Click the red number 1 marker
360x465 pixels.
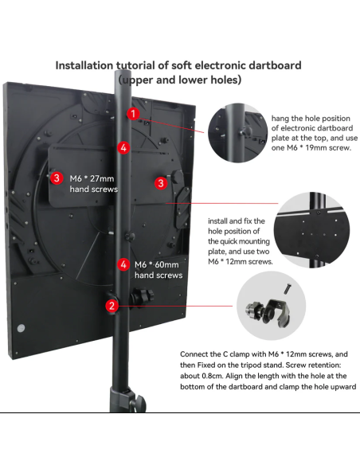coord(133,114)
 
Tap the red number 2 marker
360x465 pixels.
coord(112,306)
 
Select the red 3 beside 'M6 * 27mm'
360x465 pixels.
coord(57,178)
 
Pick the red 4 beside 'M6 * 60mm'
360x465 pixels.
coord(123,264)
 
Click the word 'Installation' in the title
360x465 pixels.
coord(84,65)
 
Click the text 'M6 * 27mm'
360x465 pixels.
coord(92,178)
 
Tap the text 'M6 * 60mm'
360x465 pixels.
coord(157,264)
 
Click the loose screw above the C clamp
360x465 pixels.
coord(288,288)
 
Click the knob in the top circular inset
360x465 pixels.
coord(245,131)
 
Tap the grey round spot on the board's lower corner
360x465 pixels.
coord(21,328)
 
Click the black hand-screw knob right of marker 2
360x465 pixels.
coord(143,295)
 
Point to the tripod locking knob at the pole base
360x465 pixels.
coord(138,403)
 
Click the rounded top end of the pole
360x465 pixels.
coord(123,73)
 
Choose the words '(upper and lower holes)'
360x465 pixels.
coord(179,80)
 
